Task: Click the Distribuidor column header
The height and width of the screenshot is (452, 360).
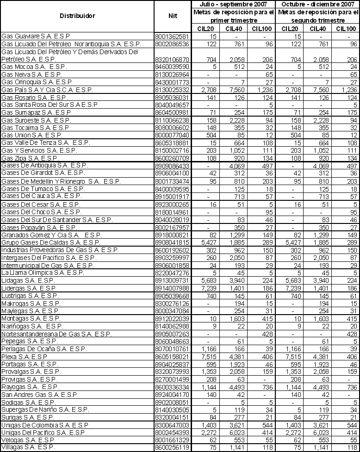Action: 77,16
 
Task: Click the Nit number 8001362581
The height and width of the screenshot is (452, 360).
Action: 173,36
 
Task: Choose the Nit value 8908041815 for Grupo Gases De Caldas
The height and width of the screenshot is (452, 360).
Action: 173,242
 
